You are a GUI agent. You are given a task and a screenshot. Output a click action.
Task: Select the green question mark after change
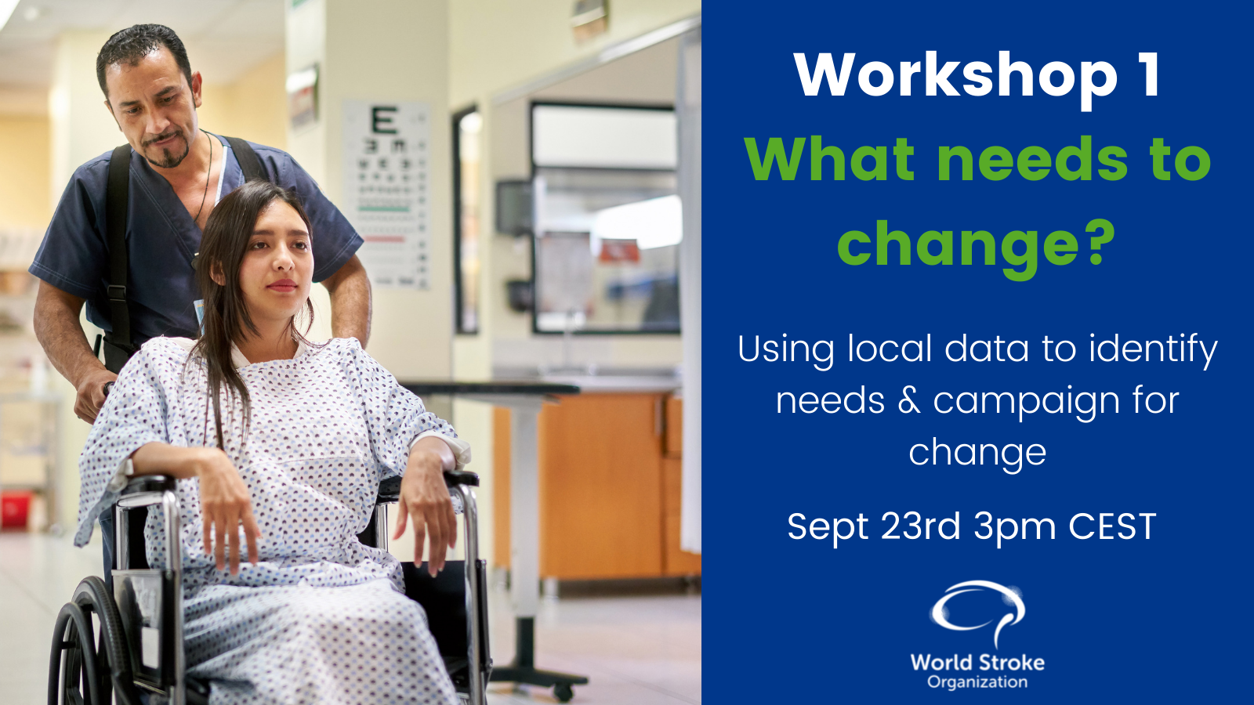pos(1099,242)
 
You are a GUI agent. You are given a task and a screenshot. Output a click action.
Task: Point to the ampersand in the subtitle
pos(908,400)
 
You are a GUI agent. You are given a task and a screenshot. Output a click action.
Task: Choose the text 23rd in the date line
pos(921,526)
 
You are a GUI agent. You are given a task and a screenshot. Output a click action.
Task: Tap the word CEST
pos(1112,526)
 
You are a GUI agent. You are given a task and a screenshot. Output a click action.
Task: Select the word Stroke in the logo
pos(1011,663)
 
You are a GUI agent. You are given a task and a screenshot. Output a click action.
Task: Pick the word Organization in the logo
pos(977,682)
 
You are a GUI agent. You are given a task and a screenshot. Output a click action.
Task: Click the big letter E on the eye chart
pos(385,120)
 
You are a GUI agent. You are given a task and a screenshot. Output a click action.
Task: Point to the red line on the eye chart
pos(384,239)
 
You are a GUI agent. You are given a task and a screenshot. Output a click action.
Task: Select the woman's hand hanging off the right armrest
pos(426,521)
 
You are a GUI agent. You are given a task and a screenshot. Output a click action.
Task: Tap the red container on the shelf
pos(15,510)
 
